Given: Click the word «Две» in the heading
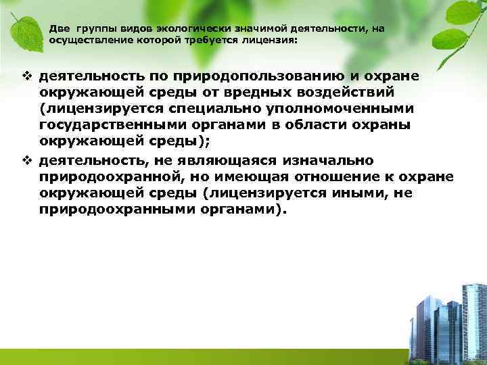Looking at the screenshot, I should (x=59, y=30).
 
